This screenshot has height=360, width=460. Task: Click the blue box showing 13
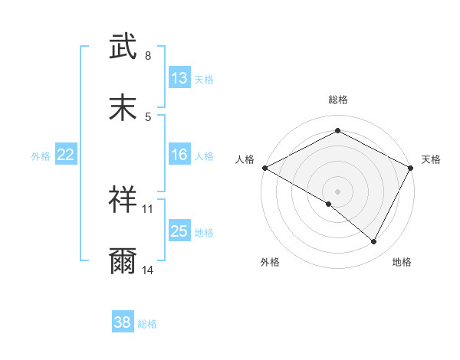[179, 77]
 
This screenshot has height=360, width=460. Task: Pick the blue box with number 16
[179, 155]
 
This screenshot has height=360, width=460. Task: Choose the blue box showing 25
[179, 231]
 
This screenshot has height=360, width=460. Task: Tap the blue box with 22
[66, 155]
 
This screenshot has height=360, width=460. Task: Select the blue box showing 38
[123, 322]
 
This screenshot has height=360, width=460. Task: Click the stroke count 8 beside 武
[148, 56]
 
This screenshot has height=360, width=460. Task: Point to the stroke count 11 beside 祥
[148, 208]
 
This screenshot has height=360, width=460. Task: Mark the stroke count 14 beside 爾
[148, 270]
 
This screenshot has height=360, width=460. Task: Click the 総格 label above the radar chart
[338, 100]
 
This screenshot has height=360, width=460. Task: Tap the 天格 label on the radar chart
[431, 159]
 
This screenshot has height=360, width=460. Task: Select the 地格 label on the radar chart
[402, 262]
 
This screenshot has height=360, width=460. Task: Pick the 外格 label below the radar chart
[270, 262]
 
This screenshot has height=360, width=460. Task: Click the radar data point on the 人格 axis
[264, 168]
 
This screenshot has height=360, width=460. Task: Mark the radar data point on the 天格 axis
[412, 168]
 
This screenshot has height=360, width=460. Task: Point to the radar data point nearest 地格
[374, 242]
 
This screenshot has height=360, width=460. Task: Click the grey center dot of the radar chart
[338, 191]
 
